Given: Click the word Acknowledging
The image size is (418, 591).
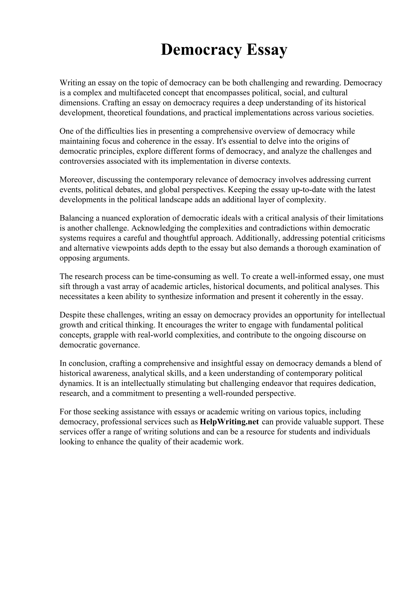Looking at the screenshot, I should (158, 228).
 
